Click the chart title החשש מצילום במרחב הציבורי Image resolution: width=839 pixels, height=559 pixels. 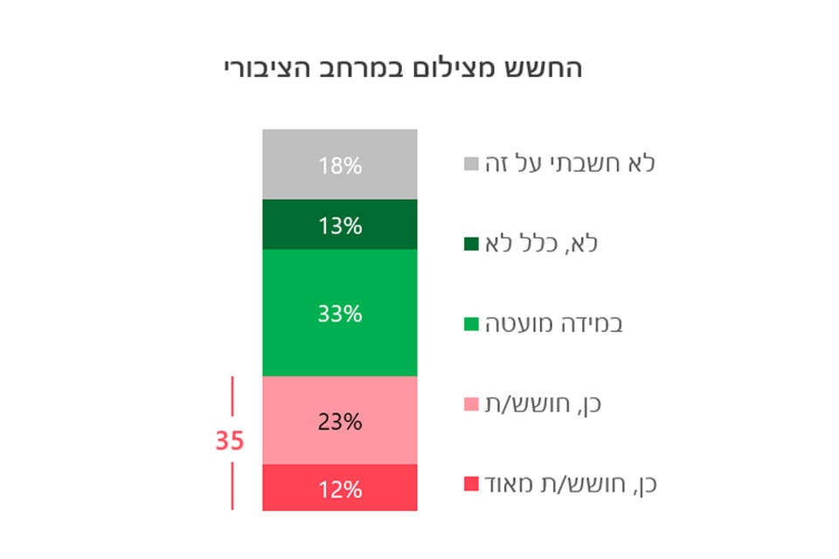pos(403,69)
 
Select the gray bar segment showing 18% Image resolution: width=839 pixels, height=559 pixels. pos(297,164)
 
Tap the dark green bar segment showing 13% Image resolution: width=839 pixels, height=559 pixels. pos(297,225)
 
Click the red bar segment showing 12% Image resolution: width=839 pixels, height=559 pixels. pos(297,488)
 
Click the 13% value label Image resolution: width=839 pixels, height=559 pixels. pos(340,226)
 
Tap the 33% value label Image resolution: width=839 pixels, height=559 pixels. pos(340,314)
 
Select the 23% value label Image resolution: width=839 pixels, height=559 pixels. pos(340,422)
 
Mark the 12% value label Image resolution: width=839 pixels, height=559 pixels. pos(340,489)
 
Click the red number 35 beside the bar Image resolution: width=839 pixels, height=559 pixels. pos(229,442)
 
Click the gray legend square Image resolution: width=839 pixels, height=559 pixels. pos(471,163)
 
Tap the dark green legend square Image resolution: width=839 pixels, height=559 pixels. pos(471,244)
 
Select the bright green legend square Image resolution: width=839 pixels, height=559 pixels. pos(471,324)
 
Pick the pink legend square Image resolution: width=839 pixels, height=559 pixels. pos(471,404)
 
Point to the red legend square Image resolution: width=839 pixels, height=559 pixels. pos(471,484)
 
